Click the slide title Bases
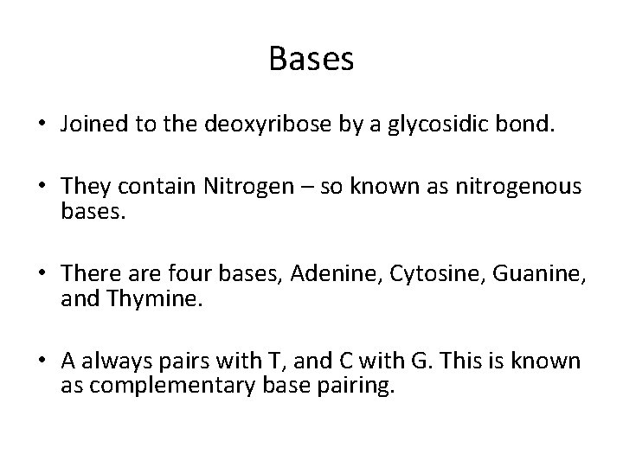(311, 59)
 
